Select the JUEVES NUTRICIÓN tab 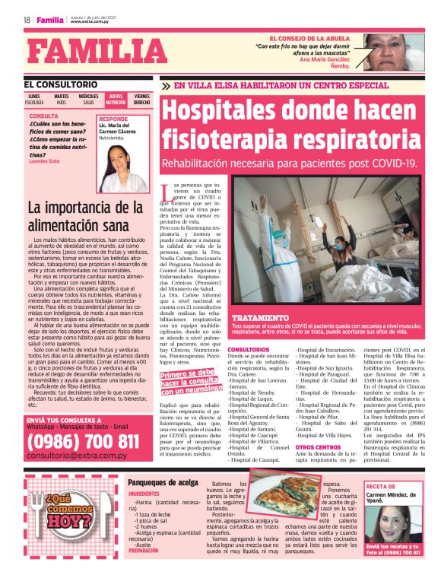116,99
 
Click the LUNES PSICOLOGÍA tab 34,99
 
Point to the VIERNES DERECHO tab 142,99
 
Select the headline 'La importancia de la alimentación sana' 84,216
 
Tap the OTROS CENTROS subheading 318,447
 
